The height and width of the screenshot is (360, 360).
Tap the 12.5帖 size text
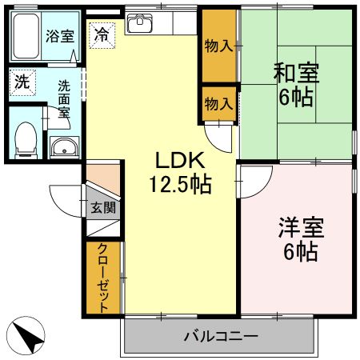click(x=179, y=185)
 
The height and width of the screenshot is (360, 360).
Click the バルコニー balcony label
click(x=221, y=335)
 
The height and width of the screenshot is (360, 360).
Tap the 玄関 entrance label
click(x=102, y=208)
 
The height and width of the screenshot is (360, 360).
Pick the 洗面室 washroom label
click(x=63, y=98)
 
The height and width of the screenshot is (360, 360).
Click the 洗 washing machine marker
click(x=20, y=81)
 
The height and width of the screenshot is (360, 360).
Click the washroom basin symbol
click(x=63, y=146)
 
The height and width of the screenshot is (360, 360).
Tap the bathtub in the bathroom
click(x=26, y=35)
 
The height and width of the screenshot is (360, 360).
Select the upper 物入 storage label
click(x=218, y=46)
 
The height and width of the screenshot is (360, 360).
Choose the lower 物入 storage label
click(x=218, y=103)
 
